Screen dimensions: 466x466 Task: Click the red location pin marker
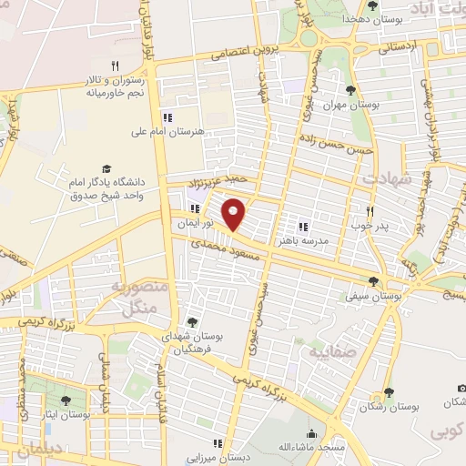235,213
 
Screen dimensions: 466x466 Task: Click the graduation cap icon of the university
107,168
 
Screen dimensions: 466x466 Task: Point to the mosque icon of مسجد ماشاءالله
312,433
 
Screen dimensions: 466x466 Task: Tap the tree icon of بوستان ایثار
65,400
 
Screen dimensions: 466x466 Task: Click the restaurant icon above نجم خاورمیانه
115,66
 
